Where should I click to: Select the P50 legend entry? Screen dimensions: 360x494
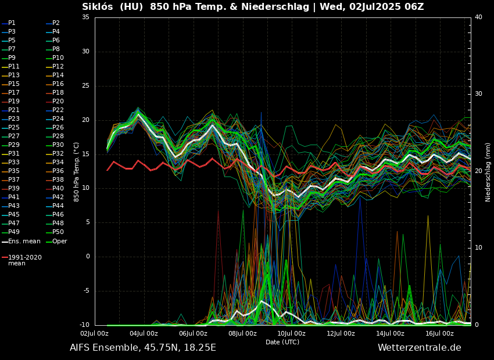58,232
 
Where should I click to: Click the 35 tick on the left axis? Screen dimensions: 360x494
85,17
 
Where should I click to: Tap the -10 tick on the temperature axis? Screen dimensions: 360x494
84,325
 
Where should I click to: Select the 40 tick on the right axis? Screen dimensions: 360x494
478,17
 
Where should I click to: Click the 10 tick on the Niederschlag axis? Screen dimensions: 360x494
478,248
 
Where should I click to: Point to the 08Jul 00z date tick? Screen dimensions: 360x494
242,334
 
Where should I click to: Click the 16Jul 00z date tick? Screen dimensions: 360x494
439,334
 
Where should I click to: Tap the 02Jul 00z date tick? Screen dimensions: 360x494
94,334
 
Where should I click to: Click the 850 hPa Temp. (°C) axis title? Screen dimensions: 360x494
76,171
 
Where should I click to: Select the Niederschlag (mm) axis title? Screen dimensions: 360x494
488,172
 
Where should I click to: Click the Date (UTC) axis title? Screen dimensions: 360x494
282,343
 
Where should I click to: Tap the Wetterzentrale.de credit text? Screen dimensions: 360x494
419,348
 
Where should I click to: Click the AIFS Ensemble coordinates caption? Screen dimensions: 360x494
143,348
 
